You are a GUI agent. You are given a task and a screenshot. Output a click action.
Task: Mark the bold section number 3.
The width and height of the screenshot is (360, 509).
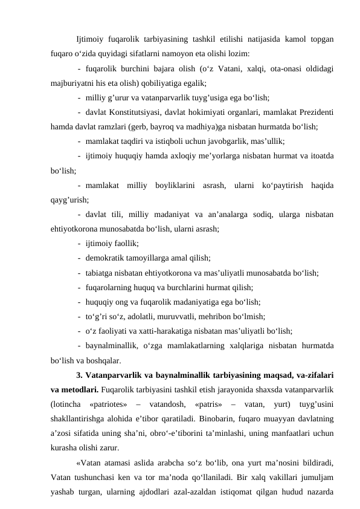pos(80,374)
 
